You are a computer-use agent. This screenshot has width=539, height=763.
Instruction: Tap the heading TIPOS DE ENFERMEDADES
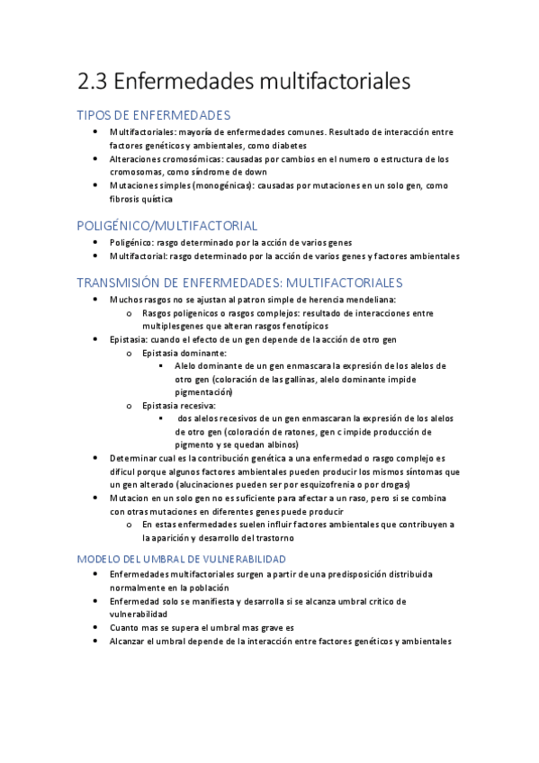point(153,115)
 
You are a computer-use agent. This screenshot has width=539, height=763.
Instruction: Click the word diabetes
point(288,145)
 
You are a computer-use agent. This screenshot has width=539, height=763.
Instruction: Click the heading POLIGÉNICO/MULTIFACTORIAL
point(166,226)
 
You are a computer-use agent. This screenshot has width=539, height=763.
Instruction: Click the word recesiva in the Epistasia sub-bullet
point(198,405)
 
